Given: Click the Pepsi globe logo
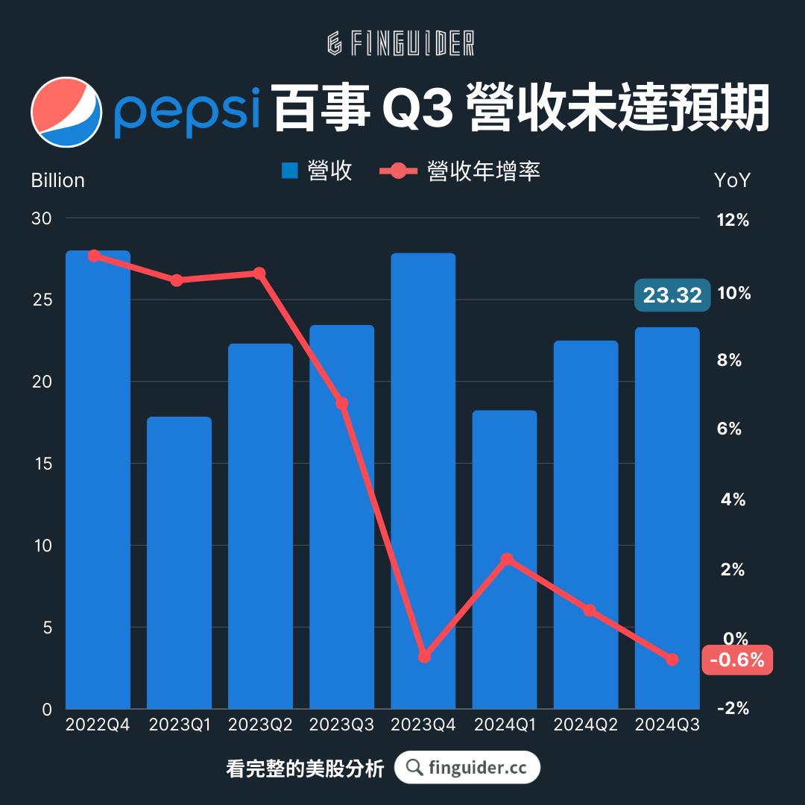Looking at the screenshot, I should pyautogui.click(x=66, y=112).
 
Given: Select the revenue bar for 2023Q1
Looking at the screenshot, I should pyautogui.click(x=179, y=563).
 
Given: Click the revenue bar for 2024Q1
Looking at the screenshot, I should pyautogui.click(x=505, y=559).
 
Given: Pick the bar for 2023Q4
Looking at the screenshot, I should pyautogui.click(x=423, y=481).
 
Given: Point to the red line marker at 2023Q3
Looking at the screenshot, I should pyautogui.click(x=341, y=404).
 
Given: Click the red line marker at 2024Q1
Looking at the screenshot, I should pyautogui.click(x=507, y=559).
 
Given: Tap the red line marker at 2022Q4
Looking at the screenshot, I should pyautogui.click(x=94, y=256).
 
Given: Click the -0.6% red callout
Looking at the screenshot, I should pyautogui.click(x=737, y=660).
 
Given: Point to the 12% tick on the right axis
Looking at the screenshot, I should pyautogui.click(x=733, y=221).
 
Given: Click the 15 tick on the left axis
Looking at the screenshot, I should pyautogui.click(x=42, y=464).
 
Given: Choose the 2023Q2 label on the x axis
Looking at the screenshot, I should pyautogui.click(x=260, y=725).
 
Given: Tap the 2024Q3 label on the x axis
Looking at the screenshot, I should pyautogui.click(x=666, y=725).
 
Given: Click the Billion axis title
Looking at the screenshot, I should pyautogui.click(x=58, y=181).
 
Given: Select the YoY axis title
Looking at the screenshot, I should pyautogui.click(x=732, y=181).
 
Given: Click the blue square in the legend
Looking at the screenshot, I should pyautogui.click(x=290, y=171).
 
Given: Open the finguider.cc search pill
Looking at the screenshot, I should pyautogui.click(x=467, y=768).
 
